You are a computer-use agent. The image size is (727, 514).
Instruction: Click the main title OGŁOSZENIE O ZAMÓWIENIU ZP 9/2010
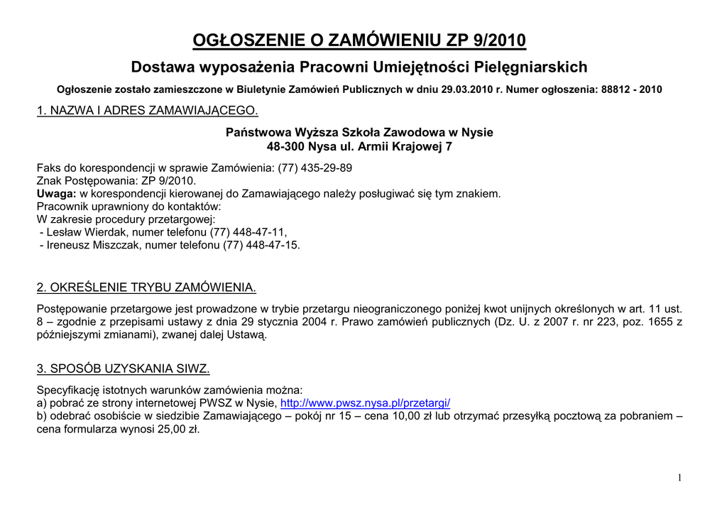coord(359,40)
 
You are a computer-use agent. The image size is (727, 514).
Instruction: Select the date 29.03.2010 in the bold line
coord(466,90)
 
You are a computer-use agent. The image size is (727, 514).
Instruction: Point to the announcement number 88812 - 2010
coord(631,90)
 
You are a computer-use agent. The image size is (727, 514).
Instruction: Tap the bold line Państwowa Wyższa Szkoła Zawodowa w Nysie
coord(359,133)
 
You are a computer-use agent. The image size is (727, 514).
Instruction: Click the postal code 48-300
coord(282,147)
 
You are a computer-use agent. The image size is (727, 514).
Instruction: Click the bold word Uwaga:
coord(57,194)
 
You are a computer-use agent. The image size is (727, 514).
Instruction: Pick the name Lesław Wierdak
coord(87,232)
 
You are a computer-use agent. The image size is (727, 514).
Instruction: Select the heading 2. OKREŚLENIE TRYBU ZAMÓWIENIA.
coord(146,288)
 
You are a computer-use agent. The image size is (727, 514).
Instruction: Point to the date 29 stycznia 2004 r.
coord(288,322)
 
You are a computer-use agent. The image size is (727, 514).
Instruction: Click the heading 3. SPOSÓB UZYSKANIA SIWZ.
coord(123,368)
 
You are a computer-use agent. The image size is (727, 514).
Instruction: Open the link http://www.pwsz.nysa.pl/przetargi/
coord(366,403)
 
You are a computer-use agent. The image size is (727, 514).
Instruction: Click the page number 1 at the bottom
coord(679,479)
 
